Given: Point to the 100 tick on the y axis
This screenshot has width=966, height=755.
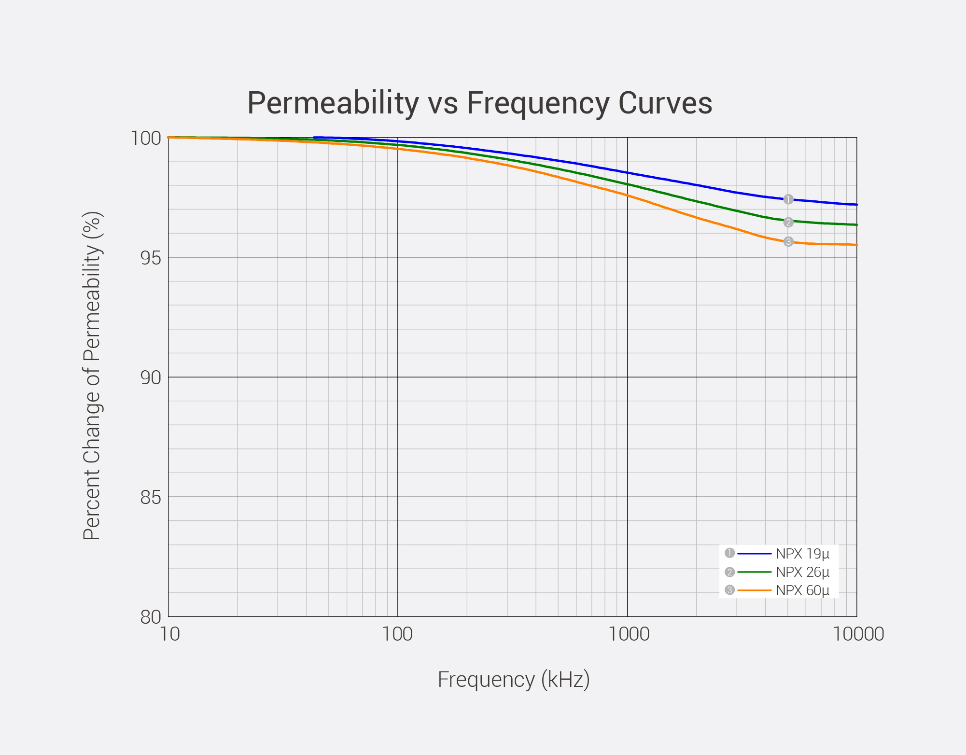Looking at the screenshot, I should [x=146, y=139].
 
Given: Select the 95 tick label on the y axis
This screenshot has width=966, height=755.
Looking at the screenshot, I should [x=151, y=258].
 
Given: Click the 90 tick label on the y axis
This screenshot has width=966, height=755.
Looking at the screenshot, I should [x=151, y=378].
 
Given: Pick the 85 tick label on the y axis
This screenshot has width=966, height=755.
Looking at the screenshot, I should [x=151, y=498].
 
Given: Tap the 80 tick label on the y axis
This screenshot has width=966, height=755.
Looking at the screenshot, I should [x=151, y=617].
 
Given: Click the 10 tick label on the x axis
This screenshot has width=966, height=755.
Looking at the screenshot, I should [x=169, y=634].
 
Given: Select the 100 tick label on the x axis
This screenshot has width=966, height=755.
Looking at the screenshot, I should [x=397, y=634].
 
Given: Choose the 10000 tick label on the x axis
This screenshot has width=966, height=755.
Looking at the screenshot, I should [x=858, y=634].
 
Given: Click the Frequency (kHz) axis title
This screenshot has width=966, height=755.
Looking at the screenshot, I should [x=514, y=680].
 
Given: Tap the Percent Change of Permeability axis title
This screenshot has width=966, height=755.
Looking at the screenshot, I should [x=92, y=376].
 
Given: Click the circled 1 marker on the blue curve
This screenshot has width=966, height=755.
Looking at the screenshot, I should [x=788, y=199].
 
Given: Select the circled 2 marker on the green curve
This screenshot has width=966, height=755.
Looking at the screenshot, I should [x=788, y=222].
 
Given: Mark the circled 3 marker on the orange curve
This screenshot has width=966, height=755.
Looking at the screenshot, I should [x=788, y=242].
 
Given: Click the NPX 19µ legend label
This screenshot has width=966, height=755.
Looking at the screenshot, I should [x=802, y=554].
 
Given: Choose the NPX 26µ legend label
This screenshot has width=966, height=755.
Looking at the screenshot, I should [x=802, y=572].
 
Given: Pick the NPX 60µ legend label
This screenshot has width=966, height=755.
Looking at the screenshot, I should [x=802, y=590].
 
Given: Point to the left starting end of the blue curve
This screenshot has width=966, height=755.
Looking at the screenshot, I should [x=315, y=138].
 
